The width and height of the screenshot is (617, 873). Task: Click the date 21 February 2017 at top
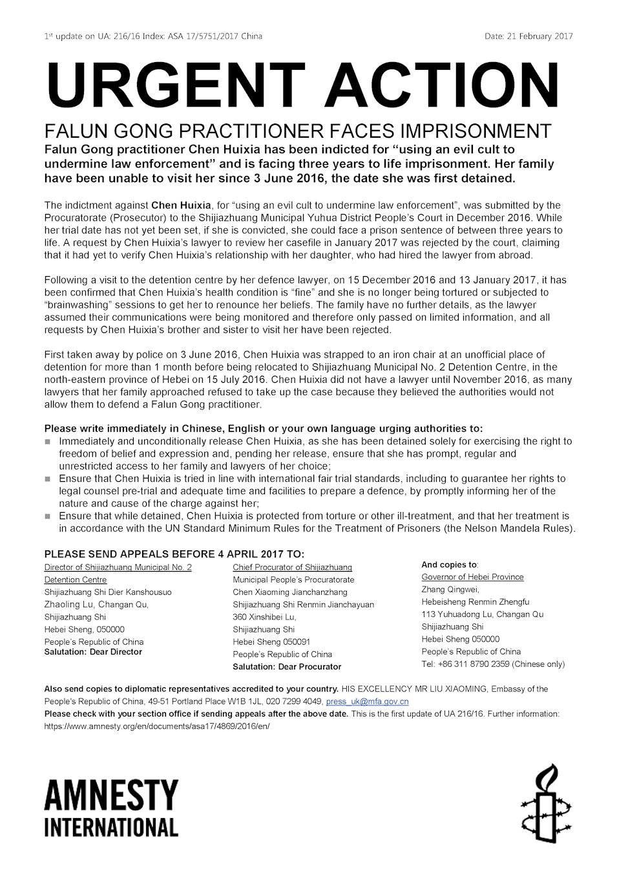pos(528,36)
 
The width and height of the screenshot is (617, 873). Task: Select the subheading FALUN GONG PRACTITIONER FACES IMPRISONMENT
pos(297,131)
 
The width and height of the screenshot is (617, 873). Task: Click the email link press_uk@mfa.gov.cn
pos(367,701)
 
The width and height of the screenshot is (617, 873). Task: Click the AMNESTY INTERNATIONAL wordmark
pos(111,808)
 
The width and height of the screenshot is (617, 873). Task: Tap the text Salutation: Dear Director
pos(93,652)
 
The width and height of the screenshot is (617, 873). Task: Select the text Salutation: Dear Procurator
pos(287,666)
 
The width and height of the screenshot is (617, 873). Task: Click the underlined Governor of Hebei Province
pos(472,577)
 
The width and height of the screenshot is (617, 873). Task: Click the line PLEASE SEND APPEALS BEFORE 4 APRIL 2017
pos(174,554)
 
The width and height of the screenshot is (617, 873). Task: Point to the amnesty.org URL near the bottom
pos(156,726)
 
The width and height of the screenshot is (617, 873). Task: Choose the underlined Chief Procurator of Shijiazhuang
pos(292,567)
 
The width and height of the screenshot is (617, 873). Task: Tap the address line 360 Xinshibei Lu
pos(264,617)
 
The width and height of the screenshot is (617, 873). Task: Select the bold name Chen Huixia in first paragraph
pos(181,206)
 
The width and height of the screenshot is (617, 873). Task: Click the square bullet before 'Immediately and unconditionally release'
pos(47,442)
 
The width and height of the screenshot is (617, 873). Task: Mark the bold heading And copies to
pos(449,565)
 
